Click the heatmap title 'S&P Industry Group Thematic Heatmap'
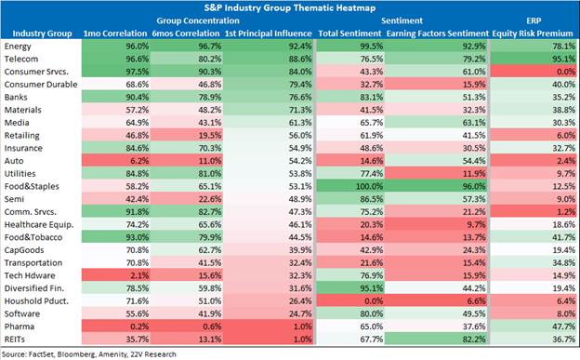point(290,7)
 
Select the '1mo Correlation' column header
point(115,33)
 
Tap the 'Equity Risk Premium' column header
point(533,33)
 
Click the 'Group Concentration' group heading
point(198,20)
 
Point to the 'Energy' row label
point(18,47)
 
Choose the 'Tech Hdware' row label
point(30,275)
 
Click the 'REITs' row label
point(15,340)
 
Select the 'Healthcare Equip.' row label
point(39,225)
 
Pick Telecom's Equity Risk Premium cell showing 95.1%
point(534,59)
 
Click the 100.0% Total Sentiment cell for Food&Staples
point(351,186)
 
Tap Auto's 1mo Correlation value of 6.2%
point(116,161)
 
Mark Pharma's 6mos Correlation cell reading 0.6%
point(187,327)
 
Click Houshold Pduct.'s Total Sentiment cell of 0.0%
point(351,301)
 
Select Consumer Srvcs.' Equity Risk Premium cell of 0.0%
point(534,72)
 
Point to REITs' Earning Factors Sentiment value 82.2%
point(437,340)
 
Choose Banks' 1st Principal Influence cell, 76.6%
point(269,97)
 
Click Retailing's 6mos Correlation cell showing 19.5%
point(187,135)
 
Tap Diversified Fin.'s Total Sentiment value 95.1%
point(351,288)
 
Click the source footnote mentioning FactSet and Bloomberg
point(89,354)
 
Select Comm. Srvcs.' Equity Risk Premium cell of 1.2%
point(534,212)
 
